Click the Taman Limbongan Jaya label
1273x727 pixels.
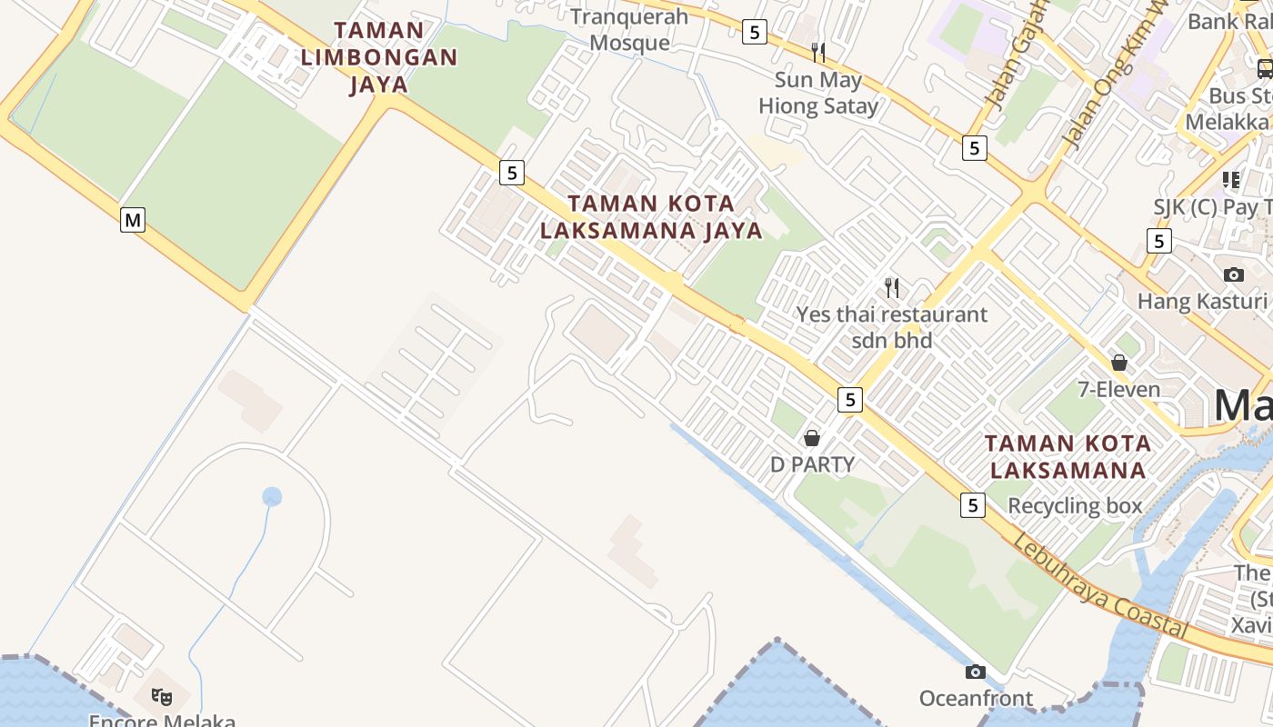(x=378, y=57)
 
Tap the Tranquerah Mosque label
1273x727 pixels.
(x=629, y=29)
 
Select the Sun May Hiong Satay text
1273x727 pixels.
(x=818, y=93)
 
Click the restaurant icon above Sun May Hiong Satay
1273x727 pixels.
(x=818, y=52)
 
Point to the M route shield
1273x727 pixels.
(x=133, y=219)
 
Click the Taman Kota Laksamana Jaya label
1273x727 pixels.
(x=651, y=216)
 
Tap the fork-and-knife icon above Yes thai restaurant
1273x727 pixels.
(x=892, y=288)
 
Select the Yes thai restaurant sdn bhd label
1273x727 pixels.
(x=892, y=327)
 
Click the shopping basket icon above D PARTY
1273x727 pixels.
(x=812, y=438)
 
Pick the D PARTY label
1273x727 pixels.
(x=812, y=464)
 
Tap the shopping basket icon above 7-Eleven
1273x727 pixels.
(x=1119, y=363)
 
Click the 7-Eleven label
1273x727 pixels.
(x=1118, y=390)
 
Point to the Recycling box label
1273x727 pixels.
(x=1075, y=506)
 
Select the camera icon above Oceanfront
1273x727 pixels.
(x=976, y=672)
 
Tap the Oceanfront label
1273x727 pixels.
(x=976, y=698)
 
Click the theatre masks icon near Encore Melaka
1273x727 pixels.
(x=162, y=696)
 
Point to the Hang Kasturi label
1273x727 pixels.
(x=1202, y=301)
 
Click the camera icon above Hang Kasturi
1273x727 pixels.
(x=1233, y=274)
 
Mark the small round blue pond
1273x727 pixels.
(x=272, y=497)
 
